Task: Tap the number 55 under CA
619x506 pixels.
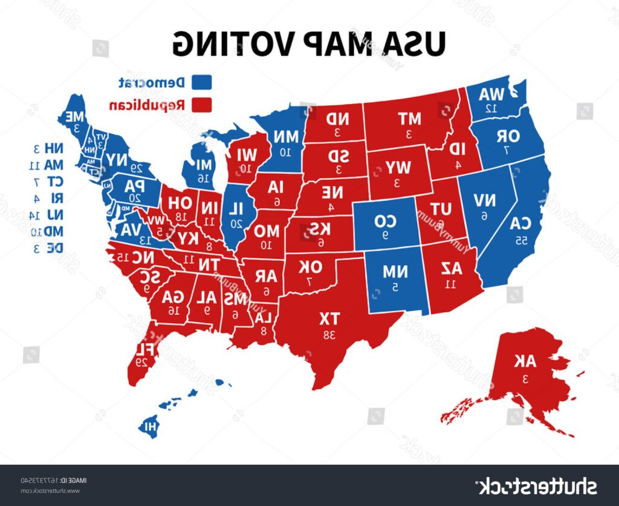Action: click(x=520, y=241)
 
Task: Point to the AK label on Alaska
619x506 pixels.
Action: click(x=524, y=361)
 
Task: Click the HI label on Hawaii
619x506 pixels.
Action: click(x=147, y=426)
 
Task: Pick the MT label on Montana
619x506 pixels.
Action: click(x=409, y=118)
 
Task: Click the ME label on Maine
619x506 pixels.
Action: click(x=75, y=116)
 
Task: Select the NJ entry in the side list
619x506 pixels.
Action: click(x=45, y=214)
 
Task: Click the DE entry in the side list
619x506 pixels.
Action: click(x=45, y=247)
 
